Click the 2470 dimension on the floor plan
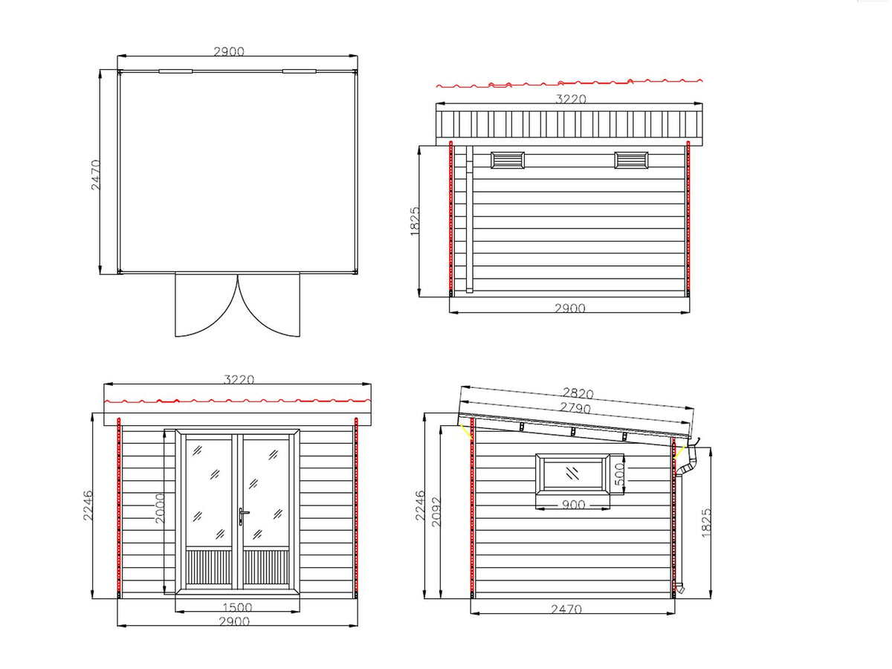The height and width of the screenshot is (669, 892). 95,175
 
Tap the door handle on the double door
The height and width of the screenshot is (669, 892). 242,515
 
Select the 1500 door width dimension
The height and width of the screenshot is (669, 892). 237,607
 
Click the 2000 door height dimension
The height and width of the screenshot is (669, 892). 160,508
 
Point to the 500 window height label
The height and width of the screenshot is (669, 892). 619,474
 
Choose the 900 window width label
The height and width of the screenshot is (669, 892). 573,505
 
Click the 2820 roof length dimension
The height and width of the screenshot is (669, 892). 578,393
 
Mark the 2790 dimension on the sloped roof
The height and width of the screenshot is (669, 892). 575,407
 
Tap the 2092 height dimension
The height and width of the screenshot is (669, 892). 436,512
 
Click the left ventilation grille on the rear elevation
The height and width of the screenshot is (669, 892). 507,160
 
